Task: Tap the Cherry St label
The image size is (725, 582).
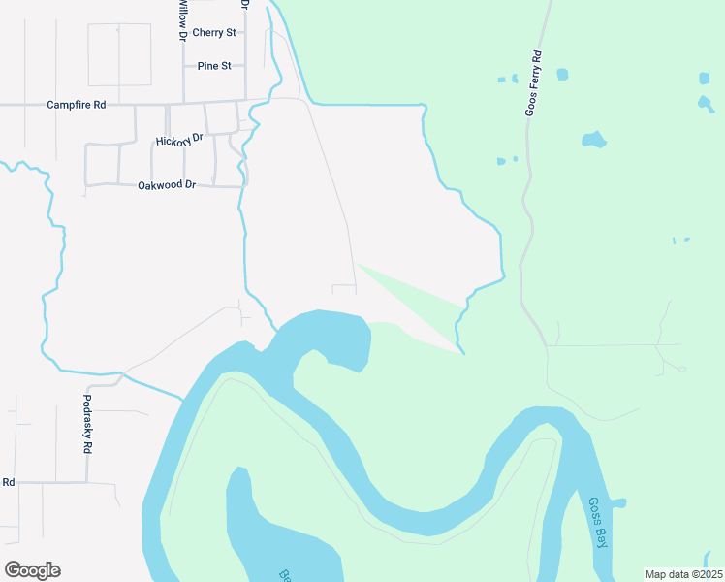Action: pyautogui.click(x=214, y=32)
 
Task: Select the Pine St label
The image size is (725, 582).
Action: pyautogui.click(x=214, y=66)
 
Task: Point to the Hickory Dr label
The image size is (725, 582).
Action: pyautogui.click(x=179, y=141)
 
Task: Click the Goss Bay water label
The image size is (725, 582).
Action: pyautogui.click(x=598, y=523)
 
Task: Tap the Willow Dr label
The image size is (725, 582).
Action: pyautogui.click(x=181, y=19)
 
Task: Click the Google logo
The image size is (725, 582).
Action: pyautogui.click(x=32, y=570)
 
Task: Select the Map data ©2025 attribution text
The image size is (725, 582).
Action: pyautogui.click(x=683, y=574)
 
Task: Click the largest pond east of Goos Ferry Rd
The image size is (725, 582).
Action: pyautogui.click(x=593, y=140)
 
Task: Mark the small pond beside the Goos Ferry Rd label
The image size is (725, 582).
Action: pyautogui.click(x=562, y=74)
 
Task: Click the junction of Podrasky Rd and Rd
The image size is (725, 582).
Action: pyautogui.click(x=87, y=482)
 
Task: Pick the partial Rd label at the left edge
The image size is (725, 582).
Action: pyautogui.click(x=8, y=482)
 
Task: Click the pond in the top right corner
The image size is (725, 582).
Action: pyautogui.click(x=704, y=78)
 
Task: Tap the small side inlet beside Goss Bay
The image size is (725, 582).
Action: pyautogui.click(x=616, y=503)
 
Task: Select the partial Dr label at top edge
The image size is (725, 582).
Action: pyautogui.click(x=244, y=4)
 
